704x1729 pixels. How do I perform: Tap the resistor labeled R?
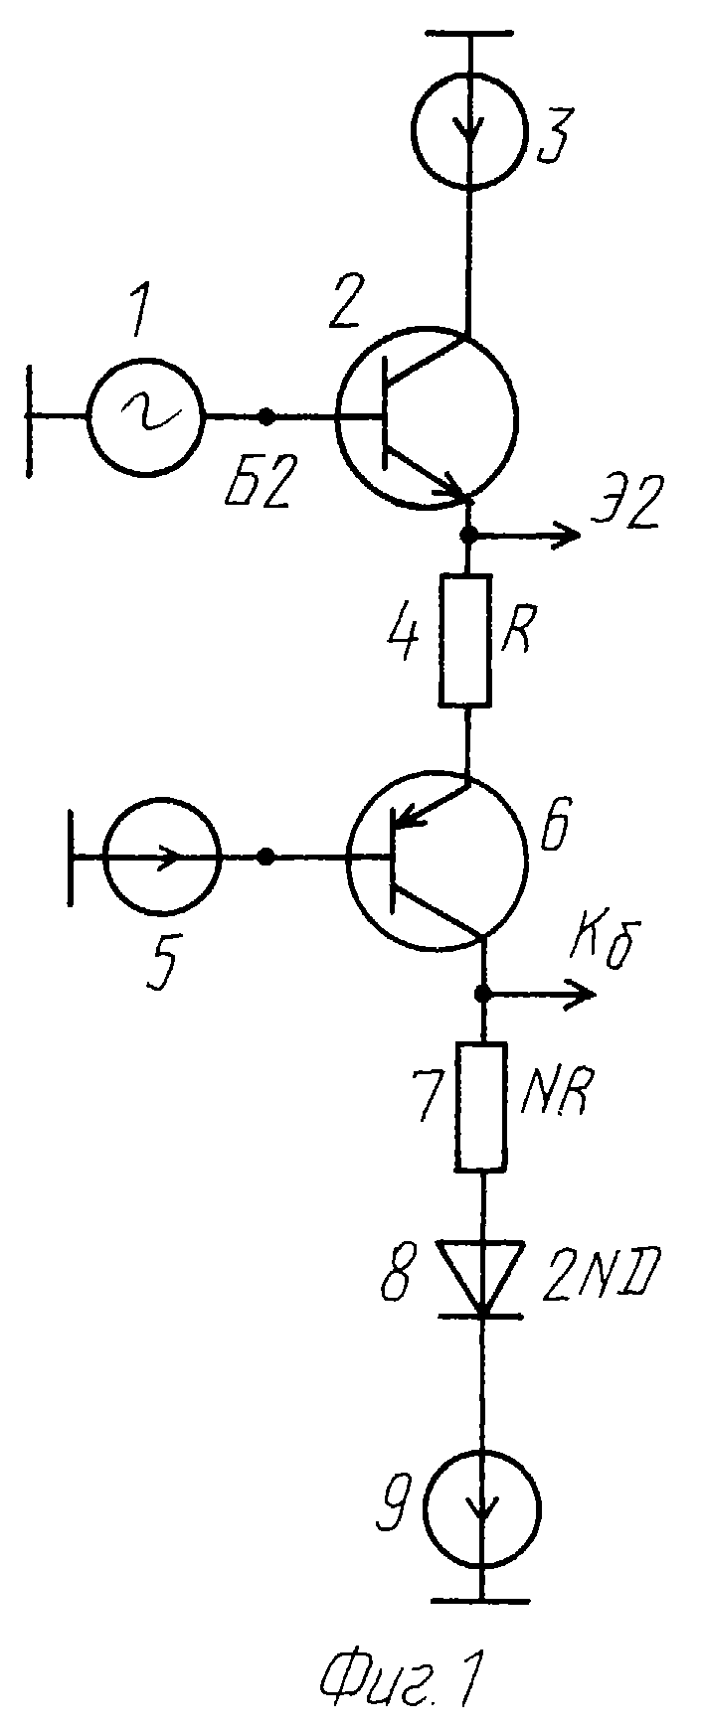[x=465, y=641]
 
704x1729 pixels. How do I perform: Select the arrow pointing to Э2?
[x=525, y=536]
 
